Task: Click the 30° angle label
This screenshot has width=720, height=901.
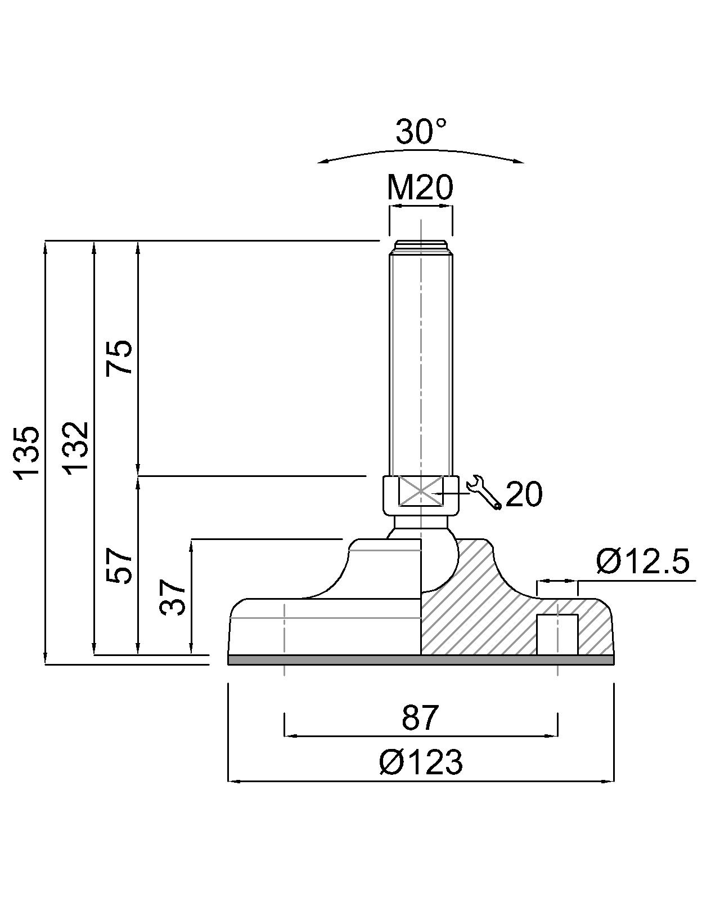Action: pos(421,131)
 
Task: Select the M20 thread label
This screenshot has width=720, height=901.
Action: pos(420,188)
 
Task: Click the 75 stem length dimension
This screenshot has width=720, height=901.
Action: pos(119,358)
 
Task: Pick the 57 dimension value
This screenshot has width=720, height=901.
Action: pos(119,565)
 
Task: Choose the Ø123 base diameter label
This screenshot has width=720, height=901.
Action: pos(421,762)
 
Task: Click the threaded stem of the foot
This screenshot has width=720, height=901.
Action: pos(421,358)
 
